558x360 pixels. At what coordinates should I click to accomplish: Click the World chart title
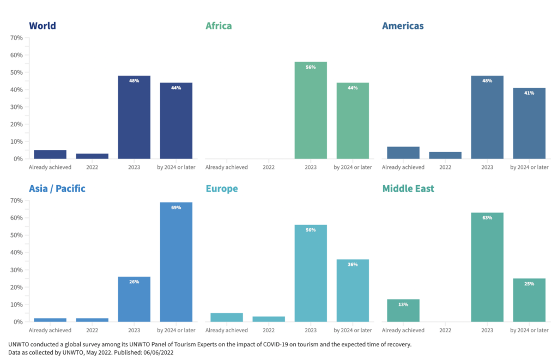click(x=42, y=26)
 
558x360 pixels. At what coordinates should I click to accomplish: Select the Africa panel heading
click(x=219, y=26)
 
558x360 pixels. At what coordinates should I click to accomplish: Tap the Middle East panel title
click(x=408, y=188)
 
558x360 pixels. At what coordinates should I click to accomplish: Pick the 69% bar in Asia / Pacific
click(x=176, y=262)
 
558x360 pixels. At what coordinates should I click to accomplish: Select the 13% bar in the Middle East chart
click(x=403, y=310)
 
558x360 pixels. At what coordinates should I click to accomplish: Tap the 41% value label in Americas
click(x=529, y=93)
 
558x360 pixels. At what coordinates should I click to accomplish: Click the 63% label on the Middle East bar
click(x=487, y=218)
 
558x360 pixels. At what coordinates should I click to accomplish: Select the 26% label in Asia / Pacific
click(x=134, y=282)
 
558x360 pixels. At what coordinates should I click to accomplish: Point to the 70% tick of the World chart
click(x=16, y=38)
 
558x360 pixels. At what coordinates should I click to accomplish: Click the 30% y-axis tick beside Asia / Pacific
click(x=16, y=270)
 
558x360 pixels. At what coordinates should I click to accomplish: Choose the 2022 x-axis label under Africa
click(x=269, y=167)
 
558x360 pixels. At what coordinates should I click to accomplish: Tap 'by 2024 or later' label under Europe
click(x=353, y=330)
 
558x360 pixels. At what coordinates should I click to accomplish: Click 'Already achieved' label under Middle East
click(x=403, y=330)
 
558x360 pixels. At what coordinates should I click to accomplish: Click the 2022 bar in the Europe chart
click(x=269, y=319)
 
